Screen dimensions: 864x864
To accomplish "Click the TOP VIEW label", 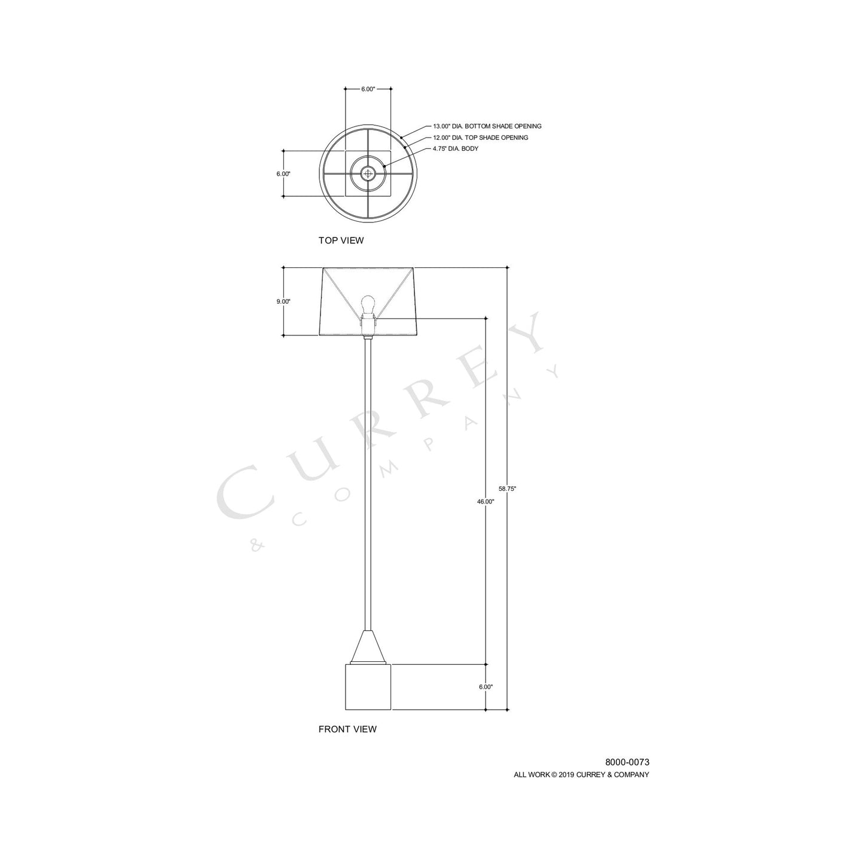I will (x=341, y=241).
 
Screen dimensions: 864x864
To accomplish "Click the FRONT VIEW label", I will (x=347, y=729).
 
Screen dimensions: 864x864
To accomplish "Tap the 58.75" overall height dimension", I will (x=507, y=489).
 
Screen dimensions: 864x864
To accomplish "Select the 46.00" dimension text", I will (x=486, y=502).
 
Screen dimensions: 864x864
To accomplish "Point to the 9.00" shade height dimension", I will (x=283, y=302).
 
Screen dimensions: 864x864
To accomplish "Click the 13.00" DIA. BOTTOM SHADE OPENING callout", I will (x=487, y=127).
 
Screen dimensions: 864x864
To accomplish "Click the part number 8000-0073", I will (x=627, y=762).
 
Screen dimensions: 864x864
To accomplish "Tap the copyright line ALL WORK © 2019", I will (x=581, y=775).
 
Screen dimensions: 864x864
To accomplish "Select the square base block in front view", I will (x=368, y=688).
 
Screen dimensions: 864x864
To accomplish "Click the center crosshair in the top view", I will (x=368, y=174).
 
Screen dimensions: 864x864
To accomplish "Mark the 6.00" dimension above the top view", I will (x=368, y=89).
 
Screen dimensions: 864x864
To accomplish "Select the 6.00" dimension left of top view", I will (x=283, y=174).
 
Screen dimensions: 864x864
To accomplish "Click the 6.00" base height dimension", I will (x=486, y=688).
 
